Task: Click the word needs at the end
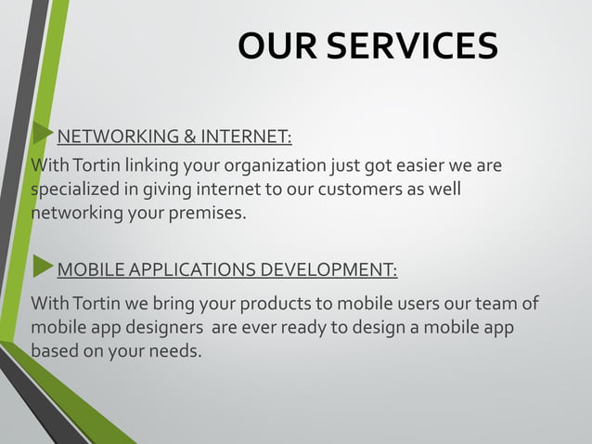click(x=173, y=352)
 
